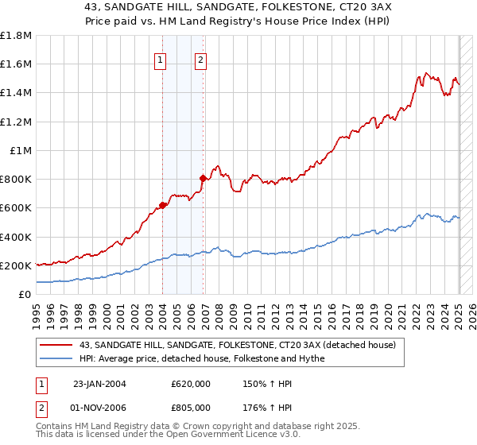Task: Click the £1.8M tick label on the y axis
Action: pyautogui.click(x=17, y=36)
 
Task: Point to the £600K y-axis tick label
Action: pyautogui.click(x=16, y=208)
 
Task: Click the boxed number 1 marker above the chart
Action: pyautogui.click(x=161, y=60)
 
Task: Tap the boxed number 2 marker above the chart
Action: pyautogui.click(x=200, y=60)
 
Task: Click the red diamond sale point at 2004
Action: pyautogui.click(x=162, y=205)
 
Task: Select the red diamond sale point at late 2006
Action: pyautogui.click(x=203, y=179)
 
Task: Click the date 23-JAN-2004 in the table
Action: pyautogui.click(x=99, y=384)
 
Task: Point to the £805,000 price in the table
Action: pyautogui.click(x=191, y=407)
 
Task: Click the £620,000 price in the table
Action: pyautogui.click(x=191, y=384)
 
